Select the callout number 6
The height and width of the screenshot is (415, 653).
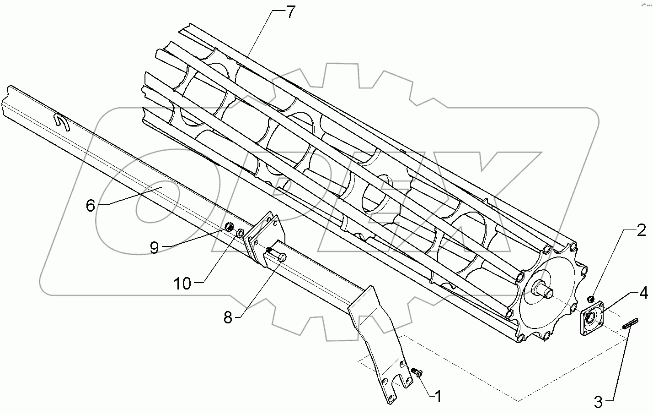tap(91, 206)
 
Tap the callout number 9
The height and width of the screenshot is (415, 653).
tap(154, 247)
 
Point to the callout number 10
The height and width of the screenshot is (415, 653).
tap(182, 284)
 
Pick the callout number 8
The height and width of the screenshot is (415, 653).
tap(228, 317)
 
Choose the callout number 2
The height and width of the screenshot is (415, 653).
tap(642, 230)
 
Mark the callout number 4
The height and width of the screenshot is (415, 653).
tap(643, 293)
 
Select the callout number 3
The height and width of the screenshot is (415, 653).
tap(599, 403)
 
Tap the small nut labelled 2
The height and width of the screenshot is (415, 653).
tap(591, 299)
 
